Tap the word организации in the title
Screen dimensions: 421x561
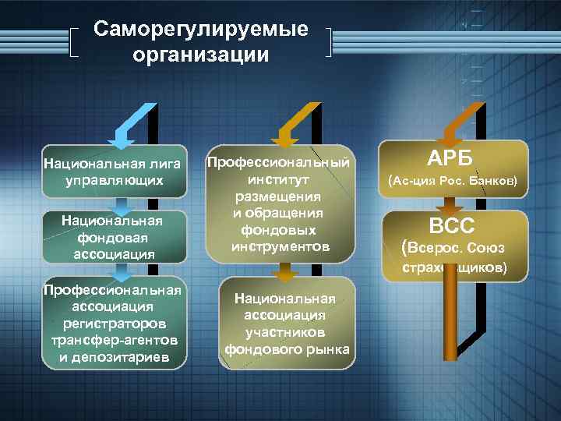[x=200, y=55]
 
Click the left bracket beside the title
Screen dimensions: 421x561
[x=74, y=43]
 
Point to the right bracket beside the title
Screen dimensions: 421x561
[x=332, y=43]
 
